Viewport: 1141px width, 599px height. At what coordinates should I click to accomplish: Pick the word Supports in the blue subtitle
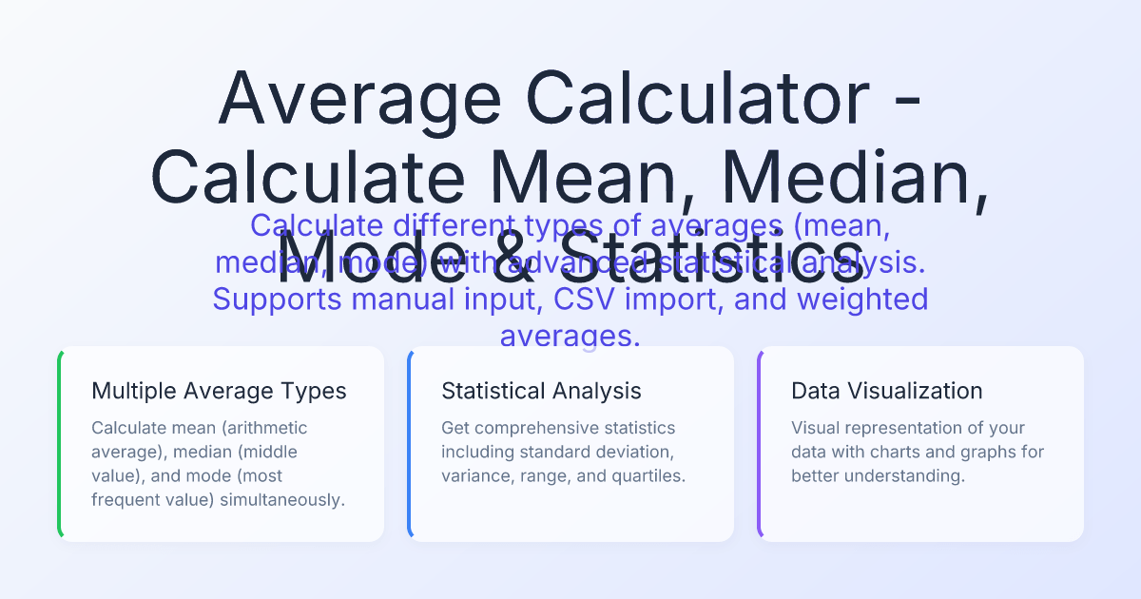click(277, 299)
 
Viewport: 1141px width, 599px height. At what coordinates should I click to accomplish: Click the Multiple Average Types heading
click(219, 391)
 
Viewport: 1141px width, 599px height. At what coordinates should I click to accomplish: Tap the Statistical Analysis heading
click(541, 391)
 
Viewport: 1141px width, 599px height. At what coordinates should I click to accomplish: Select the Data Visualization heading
click(886, 391)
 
